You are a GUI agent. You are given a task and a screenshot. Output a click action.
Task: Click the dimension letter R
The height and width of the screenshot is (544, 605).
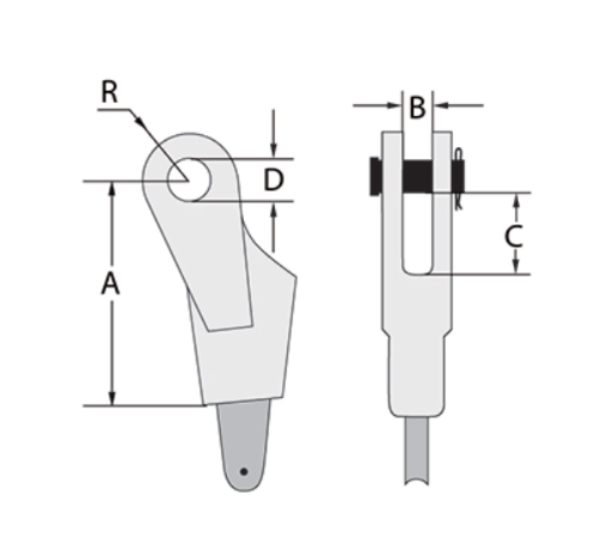(110, 92)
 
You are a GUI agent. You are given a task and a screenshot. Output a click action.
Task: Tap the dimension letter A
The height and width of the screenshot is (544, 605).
(110, 283)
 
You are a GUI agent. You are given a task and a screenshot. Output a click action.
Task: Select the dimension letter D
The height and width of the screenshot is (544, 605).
(273, 180)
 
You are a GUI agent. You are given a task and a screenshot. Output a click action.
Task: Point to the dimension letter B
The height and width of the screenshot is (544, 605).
(417, 108)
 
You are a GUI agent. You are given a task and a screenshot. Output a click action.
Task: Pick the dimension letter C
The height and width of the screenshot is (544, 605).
(513, 235)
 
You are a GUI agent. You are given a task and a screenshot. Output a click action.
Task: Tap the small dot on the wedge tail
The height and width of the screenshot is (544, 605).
(244, 471)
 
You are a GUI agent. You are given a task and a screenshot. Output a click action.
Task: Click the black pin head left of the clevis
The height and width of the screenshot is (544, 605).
(375, 176)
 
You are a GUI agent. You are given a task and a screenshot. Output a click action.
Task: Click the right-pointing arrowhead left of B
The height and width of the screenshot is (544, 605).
(395, 105)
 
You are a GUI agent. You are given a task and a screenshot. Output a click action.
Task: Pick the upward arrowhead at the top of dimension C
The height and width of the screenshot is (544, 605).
(516, 200)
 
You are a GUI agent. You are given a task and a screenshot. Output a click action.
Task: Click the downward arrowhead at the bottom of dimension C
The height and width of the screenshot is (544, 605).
(516, 267)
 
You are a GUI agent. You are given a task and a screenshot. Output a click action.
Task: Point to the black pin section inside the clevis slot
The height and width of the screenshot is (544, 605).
(417, 177)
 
